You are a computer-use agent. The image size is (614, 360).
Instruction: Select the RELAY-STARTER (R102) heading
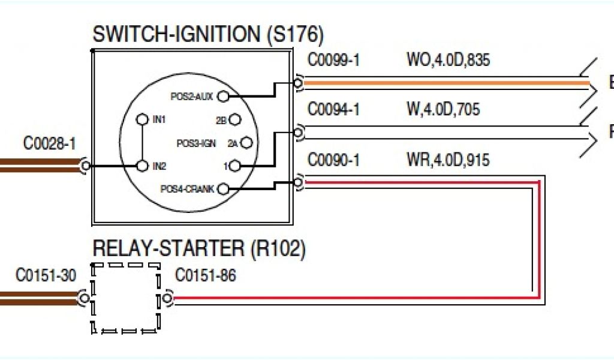(x=198, y=248)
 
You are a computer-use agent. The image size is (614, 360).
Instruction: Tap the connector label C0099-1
(x=333, y=61)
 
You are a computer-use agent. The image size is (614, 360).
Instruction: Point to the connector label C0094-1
(x=333, y=110)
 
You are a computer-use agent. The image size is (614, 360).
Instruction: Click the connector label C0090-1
(x=333, y=160)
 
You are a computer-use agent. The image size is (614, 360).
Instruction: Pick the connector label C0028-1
(x=49, y=144)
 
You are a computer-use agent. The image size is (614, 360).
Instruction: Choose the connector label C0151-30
(x=46, y=275)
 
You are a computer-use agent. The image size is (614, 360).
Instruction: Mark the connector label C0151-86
(x=205, y=275)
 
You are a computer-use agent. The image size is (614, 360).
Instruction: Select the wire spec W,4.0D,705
(x=443, y=110)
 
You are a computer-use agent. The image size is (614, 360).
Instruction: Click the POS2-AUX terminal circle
(x=223, y=95)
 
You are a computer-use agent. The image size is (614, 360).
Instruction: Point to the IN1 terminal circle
(x=142, y=119)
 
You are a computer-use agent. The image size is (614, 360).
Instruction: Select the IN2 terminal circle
(x=142, y=166)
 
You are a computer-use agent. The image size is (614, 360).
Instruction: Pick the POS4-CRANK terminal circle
(x=223, y=189)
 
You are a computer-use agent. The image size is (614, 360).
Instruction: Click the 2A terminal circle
(x=246, y=143)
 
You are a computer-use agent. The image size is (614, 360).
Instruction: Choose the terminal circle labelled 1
(x=235, y=166)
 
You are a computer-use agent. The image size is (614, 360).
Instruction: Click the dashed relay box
(x=126, y=298)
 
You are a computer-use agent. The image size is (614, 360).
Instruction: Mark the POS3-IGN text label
(x=195, y=143)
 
